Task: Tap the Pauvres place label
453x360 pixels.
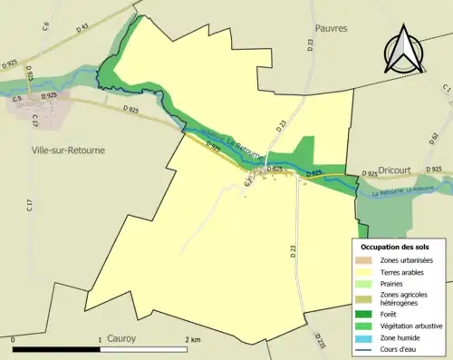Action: click(x=332, y=28)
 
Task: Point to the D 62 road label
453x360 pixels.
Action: click(x=434, y=139)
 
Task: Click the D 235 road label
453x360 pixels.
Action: click(x=321, y=340)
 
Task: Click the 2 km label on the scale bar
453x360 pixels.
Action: click(x=192, y=339)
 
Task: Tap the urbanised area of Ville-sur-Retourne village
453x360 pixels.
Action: click(x=30, y=104)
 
